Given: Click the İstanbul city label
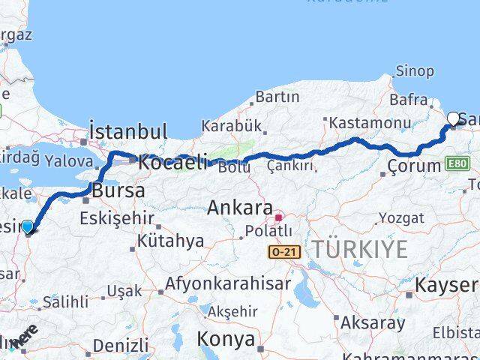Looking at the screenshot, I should click(x=128, y=132).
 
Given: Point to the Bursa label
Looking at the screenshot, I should click(x=118, y=190).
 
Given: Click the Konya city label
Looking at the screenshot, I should click(x=226, y=339).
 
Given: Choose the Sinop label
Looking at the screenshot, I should click(x=415, y=71).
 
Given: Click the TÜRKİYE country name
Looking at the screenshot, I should click(x=361, y=250).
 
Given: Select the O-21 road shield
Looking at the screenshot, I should click(x=285, y=253).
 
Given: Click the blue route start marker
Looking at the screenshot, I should click(x=28, y=226).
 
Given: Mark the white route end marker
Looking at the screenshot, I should click(x=454, y=118).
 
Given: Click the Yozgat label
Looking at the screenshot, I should click(x=401, y=218).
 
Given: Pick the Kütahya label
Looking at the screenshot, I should click(x=171, y=241).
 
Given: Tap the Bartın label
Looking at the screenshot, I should click(x=277, y=97).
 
